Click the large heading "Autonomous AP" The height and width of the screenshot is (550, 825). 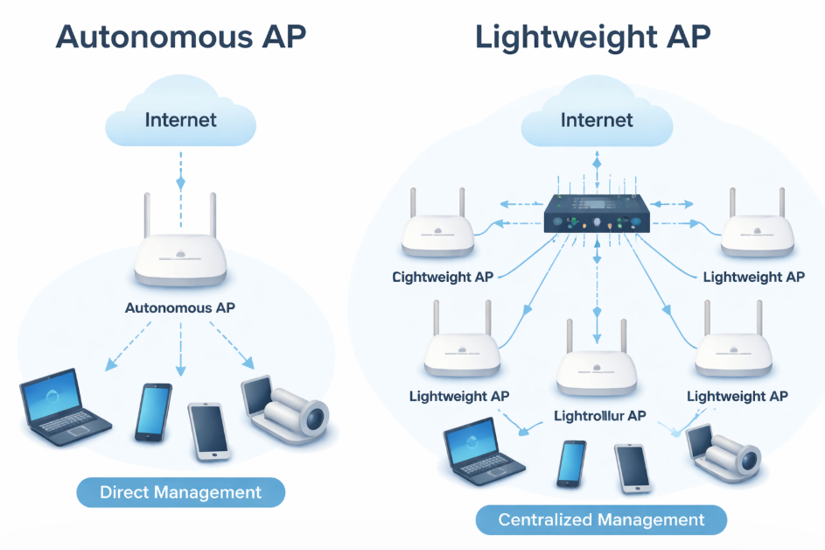pos(181,38)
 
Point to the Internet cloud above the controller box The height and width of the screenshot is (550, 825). pos(597,118)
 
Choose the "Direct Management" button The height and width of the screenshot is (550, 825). pos(180,492)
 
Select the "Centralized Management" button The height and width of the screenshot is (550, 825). pos(601,520)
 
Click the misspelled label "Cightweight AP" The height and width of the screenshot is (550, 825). pos(443,277)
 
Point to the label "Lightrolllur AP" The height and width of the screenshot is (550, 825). pos(600,415)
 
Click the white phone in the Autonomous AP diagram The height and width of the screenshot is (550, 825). pos(207,430)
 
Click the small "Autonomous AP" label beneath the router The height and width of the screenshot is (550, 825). pos(180,308)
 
